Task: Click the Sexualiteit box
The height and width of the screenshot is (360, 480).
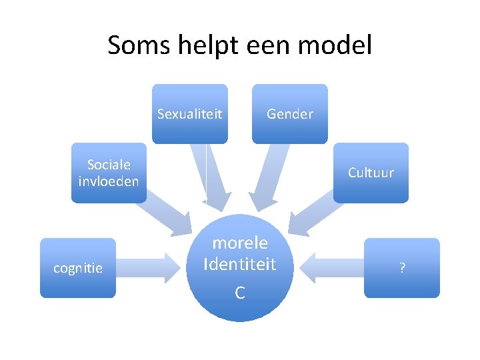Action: [189, 114]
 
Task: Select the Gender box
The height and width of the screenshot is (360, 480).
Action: [289, 114]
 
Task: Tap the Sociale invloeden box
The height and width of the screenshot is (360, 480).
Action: [109, 173]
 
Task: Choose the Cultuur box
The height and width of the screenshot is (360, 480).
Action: [371, 173]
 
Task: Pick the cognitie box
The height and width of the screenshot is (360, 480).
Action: [78, 268]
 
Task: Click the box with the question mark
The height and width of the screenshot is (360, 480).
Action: [402, 268]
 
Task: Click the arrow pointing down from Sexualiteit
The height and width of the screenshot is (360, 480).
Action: [211, 177]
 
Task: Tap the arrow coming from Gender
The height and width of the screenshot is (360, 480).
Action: [270, 177]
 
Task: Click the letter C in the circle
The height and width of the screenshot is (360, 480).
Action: [240, 293]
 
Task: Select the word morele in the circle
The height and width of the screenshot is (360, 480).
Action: [240, 243]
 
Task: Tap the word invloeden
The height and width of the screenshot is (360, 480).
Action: [109, 181]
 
